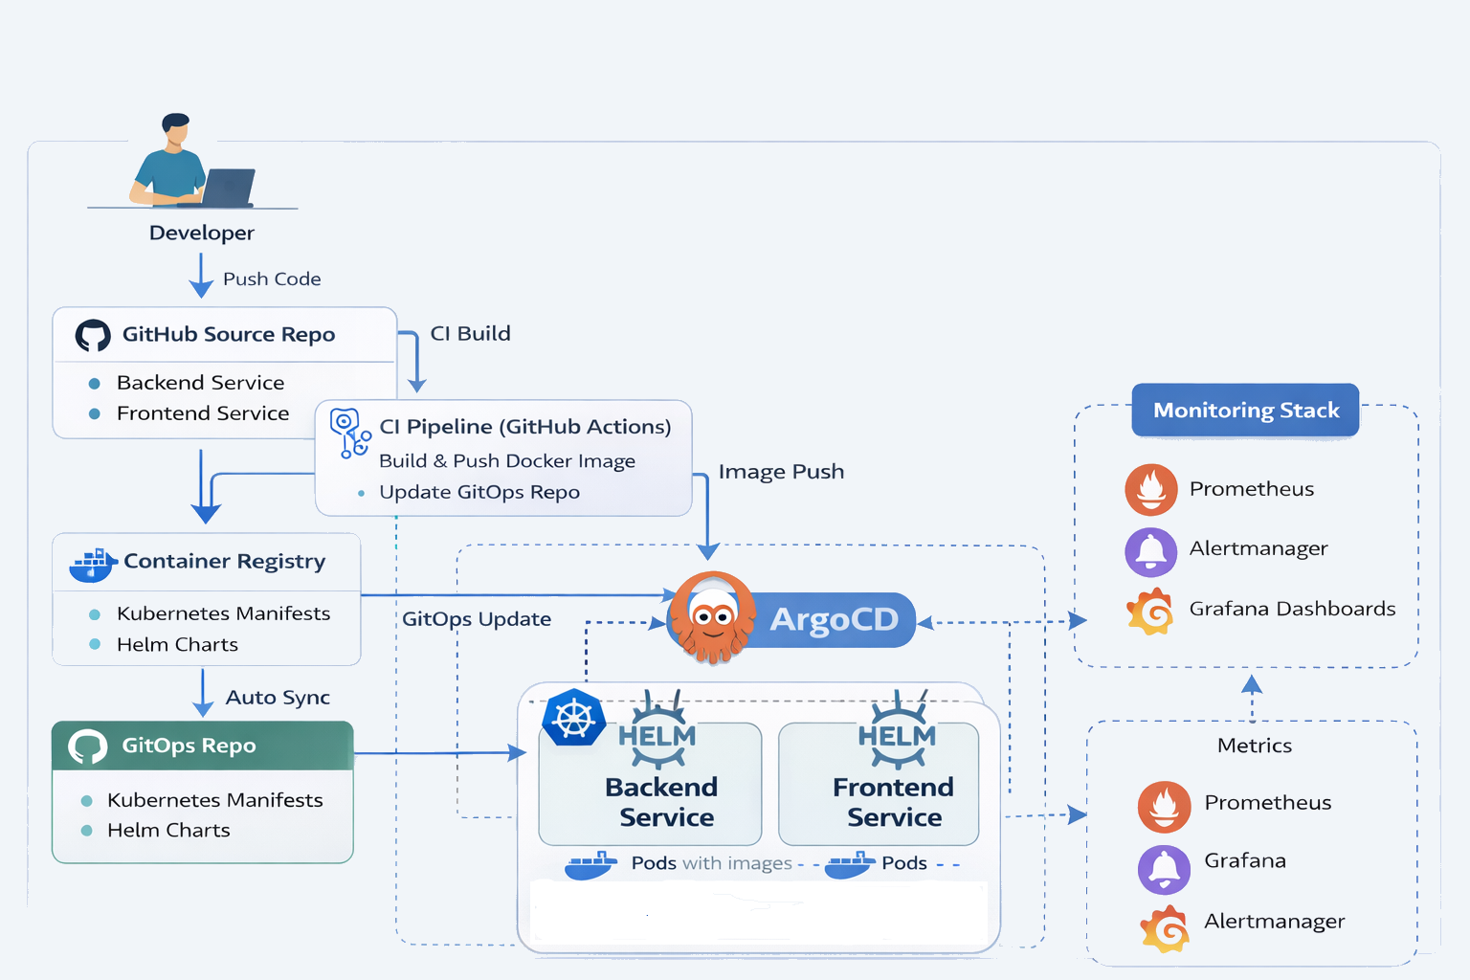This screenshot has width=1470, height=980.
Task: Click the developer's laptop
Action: tap(228, 188)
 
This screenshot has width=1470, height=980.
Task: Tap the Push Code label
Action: tap(272, 279)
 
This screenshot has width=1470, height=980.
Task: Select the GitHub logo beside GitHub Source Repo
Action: tap(93, 335)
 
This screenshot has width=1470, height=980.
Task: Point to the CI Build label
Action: tap(470, 334)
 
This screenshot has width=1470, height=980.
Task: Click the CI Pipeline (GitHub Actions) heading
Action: tap(524, 427)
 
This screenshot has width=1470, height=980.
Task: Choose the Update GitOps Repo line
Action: tap(479, 492)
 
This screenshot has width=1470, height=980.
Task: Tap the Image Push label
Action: tap(781, 472)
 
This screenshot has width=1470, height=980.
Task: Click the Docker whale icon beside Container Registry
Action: tap(92, 565)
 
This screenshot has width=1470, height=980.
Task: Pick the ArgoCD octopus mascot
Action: tap(711, 617)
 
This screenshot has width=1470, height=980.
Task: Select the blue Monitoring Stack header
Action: tap(1245, 411)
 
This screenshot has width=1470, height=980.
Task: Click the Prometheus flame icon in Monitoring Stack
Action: tap(1150, 490)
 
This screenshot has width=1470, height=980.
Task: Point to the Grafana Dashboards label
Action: tap(1292, 609)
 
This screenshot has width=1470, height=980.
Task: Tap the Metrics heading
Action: tap(1254, 746)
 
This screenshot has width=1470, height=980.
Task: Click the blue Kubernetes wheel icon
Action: tap(573, 718)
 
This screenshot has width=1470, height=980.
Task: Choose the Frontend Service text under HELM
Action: tap(894, 802)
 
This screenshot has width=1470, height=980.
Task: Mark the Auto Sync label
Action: tap(278, 698)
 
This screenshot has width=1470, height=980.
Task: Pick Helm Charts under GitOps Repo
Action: tap(168, 831)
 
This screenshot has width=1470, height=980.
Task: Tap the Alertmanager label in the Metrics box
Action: tap(1274, 922)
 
